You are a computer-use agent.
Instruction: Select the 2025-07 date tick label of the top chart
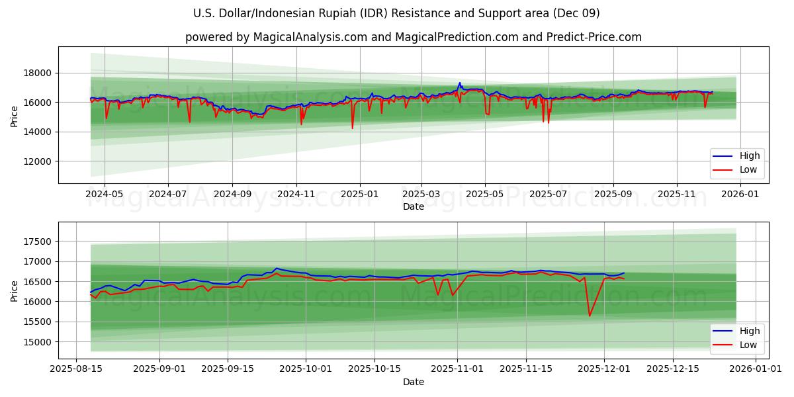coord(549,194)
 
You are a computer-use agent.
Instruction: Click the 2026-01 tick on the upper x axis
coord(739,194)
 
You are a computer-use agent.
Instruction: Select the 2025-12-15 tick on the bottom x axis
coord(672,369)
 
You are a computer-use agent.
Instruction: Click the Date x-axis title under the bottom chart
coord(414,382)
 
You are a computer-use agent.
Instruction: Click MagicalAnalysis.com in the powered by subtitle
coord(310,37)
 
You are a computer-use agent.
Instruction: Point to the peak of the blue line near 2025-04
coord(460,83)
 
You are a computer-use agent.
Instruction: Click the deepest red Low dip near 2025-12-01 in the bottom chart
coord(590,316)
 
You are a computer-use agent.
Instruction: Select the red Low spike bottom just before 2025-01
coord(352,128)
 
